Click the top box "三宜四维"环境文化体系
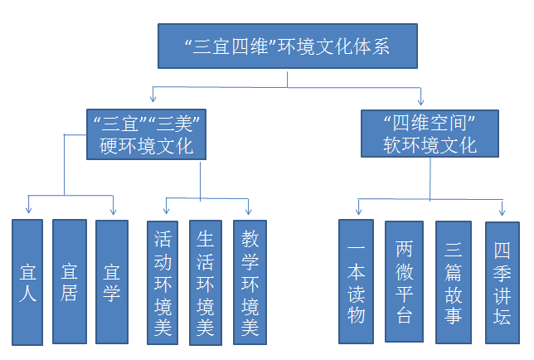pyautogui.click(x=287, y=46)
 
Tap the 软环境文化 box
pyautogui.click(x=430, y=133)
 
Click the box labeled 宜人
pyautogui.click(x=27, y=282)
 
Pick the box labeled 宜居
pyautogui.click(x=70, y=281)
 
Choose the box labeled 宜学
pyautogui.click(x=112, y=281)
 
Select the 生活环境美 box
pyautogui.click(x=206, y=283)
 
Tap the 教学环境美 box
pyautogui.click(x=250, y=283)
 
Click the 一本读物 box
pyautogui.click(x=357, y=281)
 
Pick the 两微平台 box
pyautogui.click(x=404, y=281)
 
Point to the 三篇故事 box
pyautogui.click(x=453, y=283)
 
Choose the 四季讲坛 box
pyautogui.click(x=502, y=283)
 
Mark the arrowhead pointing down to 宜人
pyautogui.click(x=29, y=211)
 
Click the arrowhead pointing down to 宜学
pyautogui.click(x=113, y=211)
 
